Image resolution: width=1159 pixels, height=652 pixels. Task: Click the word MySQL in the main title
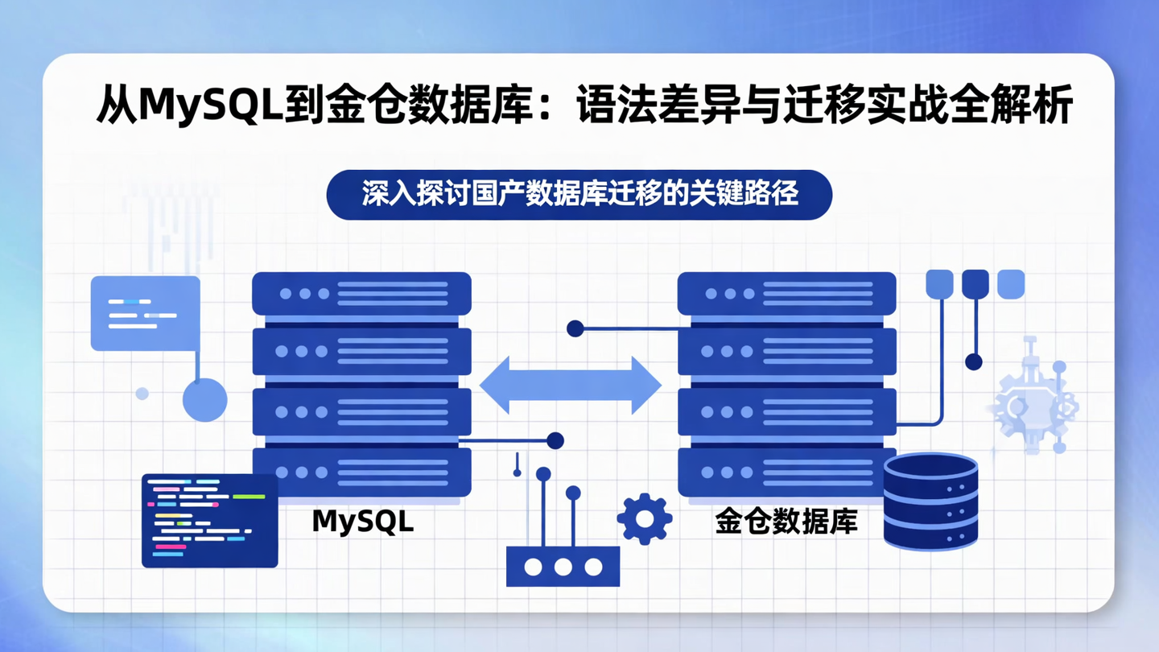211,106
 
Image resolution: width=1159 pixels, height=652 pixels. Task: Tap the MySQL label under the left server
362,522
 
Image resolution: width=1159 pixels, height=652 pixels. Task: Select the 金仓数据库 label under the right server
786,522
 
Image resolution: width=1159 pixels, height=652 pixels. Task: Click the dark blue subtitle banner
579,195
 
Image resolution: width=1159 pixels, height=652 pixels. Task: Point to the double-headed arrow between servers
570,386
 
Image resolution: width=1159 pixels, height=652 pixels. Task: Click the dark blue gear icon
644,519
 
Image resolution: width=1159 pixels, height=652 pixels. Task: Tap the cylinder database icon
930,501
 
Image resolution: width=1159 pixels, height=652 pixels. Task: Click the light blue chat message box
145,313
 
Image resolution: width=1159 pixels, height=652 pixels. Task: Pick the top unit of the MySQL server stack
361,294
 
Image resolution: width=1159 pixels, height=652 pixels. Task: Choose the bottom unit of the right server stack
786,472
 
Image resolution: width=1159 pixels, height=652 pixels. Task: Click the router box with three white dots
563,567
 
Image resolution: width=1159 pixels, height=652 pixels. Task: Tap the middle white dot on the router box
563,567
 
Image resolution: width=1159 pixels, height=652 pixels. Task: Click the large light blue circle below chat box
204,399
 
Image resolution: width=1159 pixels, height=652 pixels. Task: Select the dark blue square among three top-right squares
975,284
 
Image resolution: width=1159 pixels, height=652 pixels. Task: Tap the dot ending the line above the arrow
575,328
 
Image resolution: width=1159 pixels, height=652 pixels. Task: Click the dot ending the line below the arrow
555,440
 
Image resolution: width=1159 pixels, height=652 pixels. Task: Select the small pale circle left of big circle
142,394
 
